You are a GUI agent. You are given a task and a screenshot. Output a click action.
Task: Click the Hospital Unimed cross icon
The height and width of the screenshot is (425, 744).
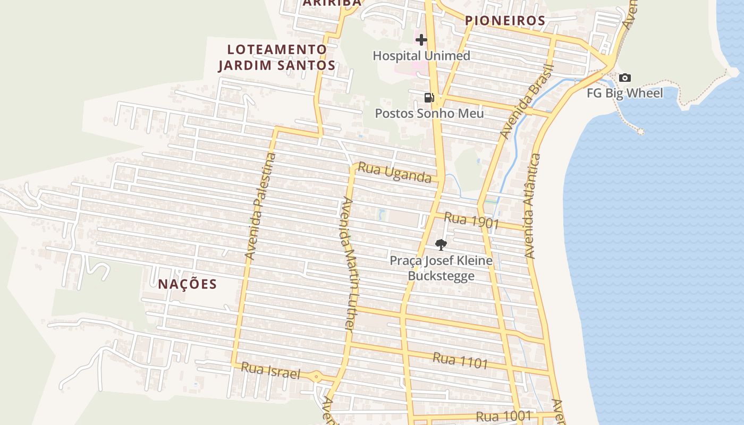point(421,40)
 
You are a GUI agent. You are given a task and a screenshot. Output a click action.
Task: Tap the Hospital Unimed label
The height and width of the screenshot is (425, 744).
point(421,56)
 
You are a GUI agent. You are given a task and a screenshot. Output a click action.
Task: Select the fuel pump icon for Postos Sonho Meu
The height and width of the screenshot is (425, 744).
point(429,97)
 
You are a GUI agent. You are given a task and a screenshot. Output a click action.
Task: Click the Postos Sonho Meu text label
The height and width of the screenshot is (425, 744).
point(429,113)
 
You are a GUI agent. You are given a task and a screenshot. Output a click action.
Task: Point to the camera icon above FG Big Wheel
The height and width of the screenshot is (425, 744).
point(625,78)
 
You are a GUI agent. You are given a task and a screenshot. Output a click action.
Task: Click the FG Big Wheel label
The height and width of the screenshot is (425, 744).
point(625,93)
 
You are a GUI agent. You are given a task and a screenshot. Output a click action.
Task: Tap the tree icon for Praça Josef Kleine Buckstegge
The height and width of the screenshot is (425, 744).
point(441,245)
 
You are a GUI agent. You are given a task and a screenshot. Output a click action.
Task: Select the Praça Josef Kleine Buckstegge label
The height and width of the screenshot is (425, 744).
point(441,268)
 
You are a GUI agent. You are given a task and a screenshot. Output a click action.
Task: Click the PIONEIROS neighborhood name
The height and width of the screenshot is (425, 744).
point(505,21)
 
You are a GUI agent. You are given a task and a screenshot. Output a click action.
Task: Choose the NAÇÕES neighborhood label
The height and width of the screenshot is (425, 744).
point(188,284)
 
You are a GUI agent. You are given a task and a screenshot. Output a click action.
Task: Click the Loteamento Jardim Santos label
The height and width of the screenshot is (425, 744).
point(277,57)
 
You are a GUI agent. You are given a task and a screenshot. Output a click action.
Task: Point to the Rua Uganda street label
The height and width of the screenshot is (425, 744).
point(394,173)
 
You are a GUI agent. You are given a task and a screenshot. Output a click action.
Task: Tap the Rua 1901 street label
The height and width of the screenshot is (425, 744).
point(471,220)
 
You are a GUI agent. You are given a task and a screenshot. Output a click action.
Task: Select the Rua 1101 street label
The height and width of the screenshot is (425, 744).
point(460,360)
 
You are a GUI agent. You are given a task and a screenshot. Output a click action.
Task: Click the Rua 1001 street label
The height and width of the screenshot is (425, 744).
point(504,416)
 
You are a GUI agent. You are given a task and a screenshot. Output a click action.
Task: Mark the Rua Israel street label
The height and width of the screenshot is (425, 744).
point(270,371)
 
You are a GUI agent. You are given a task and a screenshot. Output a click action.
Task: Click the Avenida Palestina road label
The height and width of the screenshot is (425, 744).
point(261,206)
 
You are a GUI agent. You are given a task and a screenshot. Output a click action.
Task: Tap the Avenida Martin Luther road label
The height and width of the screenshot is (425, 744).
point(349,264)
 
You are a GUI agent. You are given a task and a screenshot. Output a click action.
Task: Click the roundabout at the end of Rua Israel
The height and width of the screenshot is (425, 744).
point(317,377)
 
